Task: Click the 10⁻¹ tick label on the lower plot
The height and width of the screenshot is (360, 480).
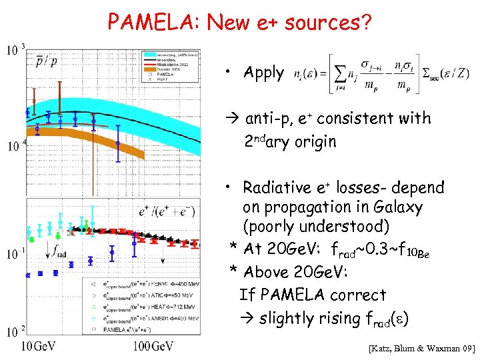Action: click(x=15, y=254)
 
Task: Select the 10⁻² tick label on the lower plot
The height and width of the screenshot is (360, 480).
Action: click(x=15, y=331)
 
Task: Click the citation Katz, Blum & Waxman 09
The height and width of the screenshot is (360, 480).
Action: click(x=421, y=349)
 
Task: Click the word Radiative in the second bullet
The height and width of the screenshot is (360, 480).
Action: click(x=275, y=187)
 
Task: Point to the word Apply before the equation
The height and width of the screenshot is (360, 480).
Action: click(x=263, y=73)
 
